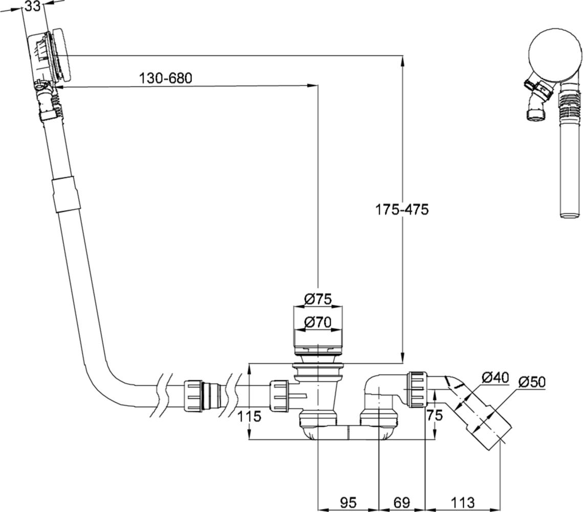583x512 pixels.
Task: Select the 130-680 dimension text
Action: click(165, 79)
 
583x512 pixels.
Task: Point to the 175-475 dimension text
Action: click(401, 210)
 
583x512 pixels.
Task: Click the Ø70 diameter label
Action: click(318, 322)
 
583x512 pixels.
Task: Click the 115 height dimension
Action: click(249, 416)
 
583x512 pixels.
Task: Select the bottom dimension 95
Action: click(348, 501)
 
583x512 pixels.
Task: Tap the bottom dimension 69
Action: click(401, 501)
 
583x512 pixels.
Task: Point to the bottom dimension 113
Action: click(462, 501)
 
